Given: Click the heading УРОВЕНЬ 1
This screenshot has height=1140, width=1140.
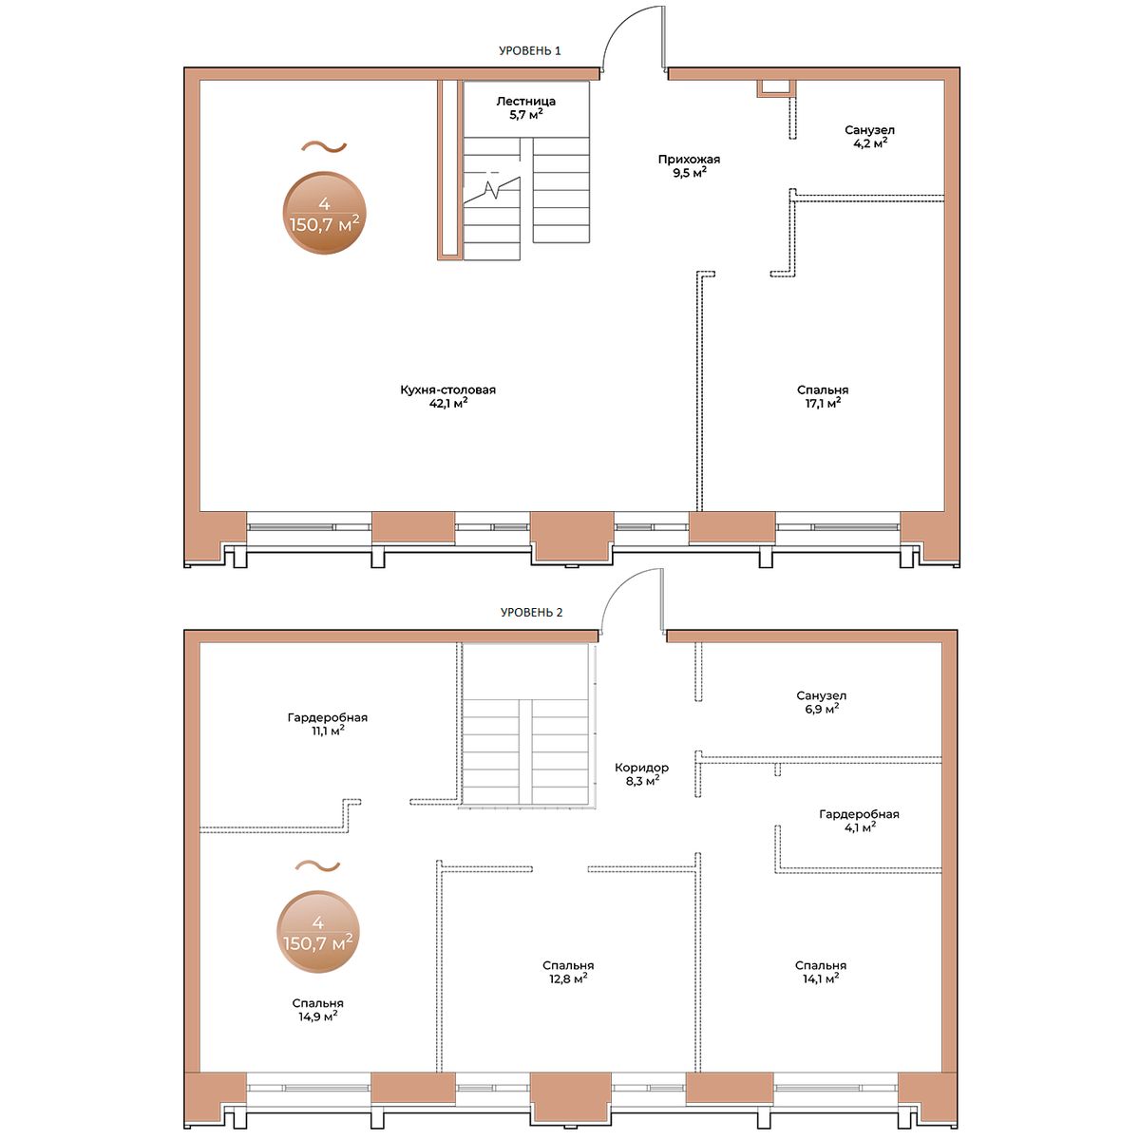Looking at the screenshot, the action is (x=529, y=51).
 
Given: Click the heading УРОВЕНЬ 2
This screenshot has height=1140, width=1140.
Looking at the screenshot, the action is (x=531, y=613).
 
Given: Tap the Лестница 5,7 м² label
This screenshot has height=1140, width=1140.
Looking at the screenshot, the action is (x=526, y=107).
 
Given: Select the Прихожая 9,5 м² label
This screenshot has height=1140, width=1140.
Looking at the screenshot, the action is (x=689, y=165).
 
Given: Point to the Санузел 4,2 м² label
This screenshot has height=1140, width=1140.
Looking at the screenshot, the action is (x=869, y=136).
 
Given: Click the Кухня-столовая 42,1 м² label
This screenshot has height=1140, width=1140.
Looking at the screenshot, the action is (x=447, y=396).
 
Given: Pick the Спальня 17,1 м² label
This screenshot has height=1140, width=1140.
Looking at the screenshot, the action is (x=823, y=396).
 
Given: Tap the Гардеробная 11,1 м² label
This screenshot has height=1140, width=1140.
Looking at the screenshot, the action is (x=328, y=724).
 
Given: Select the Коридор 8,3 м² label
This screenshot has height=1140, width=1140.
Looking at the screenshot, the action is (x=642, y=774).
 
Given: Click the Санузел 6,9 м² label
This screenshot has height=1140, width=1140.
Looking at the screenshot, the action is (x=821, y=702).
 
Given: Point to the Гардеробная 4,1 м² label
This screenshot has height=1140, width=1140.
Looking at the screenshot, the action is (x=859, y=821).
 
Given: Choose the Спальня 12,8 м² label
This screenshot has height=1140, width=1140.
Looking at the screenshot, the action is (x=568, y=972).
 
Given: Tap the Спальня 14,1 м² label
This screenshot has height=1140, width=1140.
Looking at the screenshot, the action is (x=821, y=972).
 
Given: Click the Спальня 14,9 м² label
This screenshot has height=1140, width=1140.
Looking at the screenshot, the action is (x=317, y=1010).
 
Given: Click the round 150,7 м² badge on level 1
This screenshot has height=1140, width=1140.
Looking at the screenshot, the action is (x=325, y=214).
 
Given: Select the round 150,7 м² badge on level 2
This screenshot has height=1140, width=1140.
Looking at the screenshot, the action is (x=318, y=932).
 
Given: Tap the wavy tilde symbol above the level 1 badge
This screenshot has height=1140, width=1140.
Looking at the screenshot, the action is (x=324, y=146).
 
